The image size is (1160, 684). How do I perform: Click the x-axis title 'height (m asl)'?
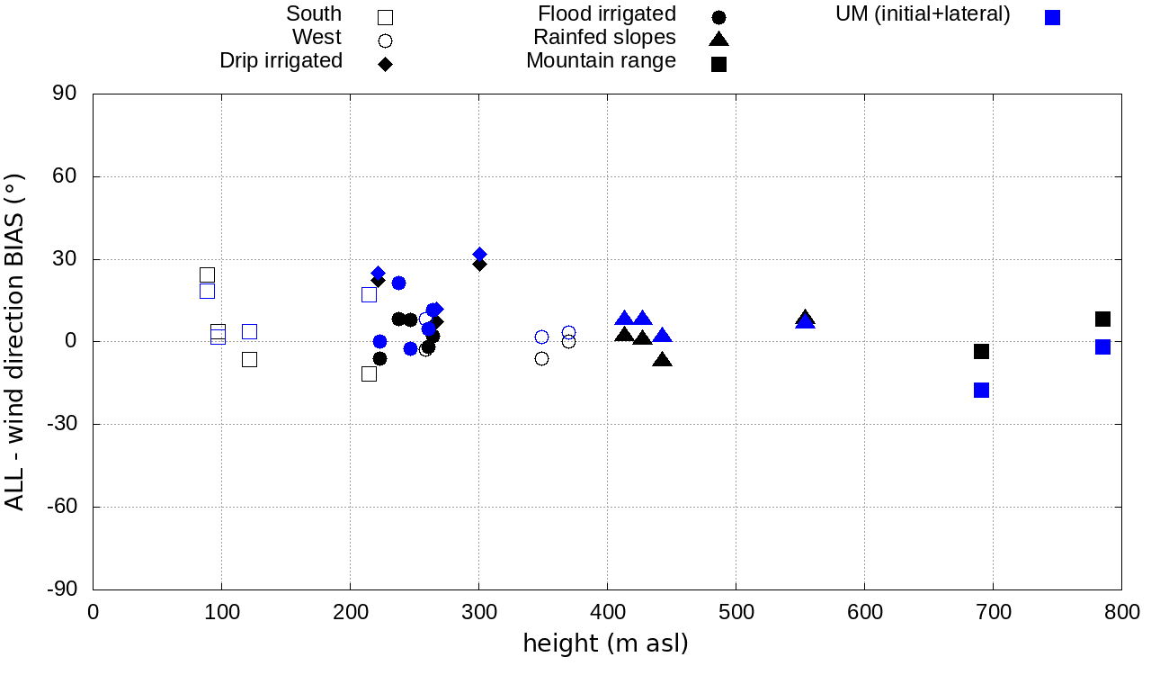pyautogui.click(x=605, y=643)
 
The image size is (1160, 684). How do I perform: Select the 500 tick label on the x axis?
pyautogui.click(x=736, y=613)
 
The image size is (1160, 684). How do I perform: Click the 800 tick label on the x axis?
pyautogui.click(x=1121, y=613)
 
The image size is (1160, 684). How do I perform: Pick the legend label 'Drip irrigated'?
pyautogui.click(x=281, y=61)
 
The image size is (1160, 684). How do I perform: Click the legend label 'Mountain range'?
pyautogui.click(x=601, y=61)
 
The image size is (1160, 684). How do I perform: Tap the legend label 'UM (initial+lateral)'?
pyautogui.click(x=923, y=14)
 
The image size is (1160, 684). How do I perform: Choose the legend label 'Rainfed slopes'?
pyautogui.click(x=604, y=38)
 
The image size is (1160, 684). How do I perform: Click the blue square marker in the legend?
pyautogui.click(x=1053, y=17)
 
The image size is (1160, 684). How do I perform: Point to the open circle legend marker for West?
pyautogui.click(x=385, y=40)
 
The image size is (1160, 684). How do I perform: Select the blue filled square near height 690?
pyautogui.click(x=981, y=390)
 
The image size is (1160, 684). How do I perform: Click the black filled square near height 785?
pyautogui.click(x=1102, y=319)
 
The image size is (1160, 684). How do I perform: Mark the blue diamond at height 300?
pyautogui.click(x=479, y=255)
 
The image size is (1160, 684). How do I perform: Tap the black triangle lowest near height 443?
pyautogui.click(x=663, y=360)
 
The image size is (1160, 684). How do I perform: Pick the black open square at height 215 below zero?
pyautogui.click(x=369, y=373)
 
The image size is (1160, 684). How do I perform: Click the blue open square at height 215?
pyautogui.click(x=369, y=294)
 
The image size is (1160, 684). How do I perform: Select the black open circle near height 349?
pyautogui.click(x=541, y=358)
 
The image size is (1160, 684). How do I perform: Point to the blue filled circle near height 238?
pyautogui.click(x=398, y=283)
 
